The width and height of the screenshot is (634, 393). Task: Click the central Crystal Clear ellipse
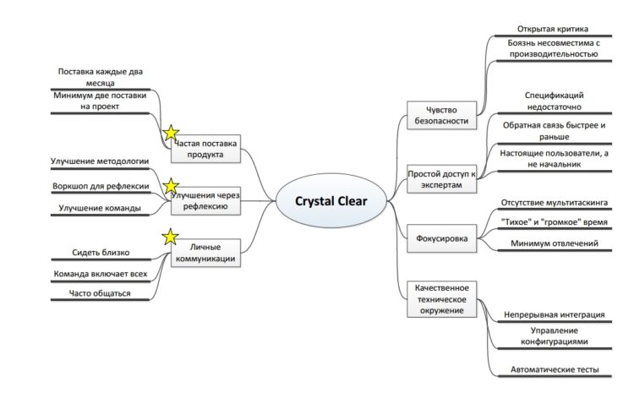point(331,200)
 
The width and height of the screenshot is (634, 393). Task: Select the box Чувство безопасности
point(441,115)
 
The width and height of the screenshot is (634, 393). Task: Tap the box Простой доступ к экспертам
point(441,178)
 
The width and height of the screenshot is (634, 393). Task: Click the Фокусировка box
point(441,238)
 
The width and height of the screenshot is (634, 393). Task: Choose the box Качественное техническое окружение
point(441,299)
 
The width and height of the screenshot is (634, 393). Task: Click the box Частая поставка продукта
point(205,149)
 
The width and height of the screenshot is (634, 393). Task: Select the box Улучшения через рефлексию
point(205,200)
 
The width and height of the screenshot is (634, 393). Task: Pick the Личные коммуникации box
point(205,253)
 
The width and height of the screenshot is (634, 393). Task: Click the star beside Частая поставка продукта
point(171,133)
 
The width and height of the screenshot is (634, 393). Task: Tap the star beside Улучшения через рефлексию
point(171,186)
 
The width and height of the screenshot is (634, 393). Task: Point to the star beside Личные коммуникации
point(170,237)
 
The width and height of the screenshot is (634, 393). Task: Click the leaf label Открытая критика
point(553,29)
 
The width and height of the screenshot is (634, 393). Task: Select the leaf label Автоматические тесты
point(555,369)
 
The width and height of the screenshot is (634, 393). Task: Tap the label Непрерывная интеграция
point(555,314)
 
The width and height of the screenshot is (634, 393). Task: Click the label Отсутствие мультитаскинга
point(555,202)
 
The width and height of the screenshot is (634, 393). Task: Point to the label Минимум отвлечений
point(555,243)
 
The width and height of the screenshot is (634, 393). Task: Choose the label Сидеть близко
point(101,253)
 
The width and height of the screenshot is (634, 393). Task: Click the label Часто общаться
point(100,293)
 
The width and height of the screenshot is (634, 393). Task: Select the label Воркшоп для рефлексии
point(101,186)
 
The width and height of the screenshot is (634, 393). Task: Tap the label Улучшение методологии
point(100,161)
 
